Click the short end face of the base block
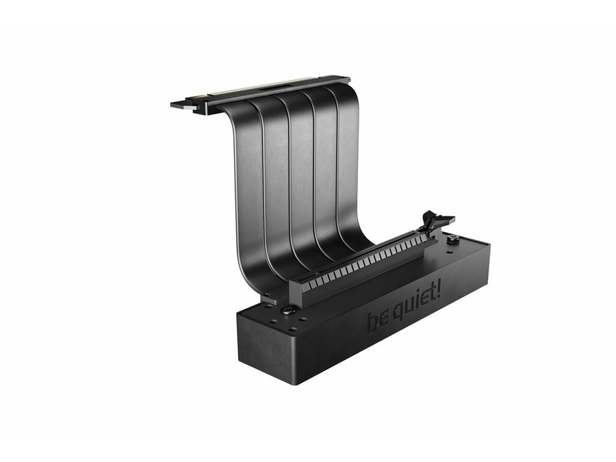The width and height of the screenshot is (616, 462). (x=267, y=349)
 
